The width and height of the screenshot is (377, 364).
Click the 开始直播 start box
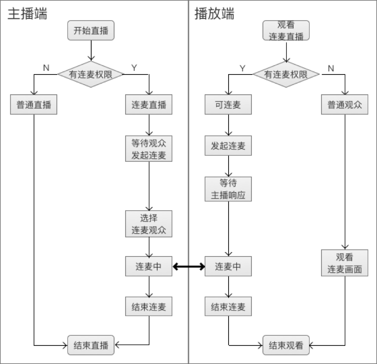tap(91, 31)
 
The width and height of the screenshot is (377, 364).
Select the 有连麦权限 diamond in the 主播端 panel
tap(91, 74)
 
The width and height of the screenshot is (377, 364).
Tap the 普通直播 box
tap(34, 105)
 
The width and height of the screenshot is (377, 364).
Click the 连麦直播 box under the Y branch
tap(149, 105)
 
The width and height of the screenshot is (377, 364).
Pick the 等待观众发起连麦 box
tap(149, 149)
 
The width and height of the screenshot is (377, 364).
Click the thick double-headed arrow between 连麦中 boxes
tap(189, 267)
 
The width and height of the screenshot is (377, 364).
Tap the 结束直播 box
tap(91, 345)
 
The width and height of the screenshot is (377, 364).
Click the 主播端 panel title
tap(27, 14)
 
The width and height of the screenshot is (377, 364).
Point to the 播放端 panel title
tap(214, 14)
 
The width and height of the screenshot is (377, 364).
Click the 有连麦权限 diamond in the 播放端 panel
tap(286, 74)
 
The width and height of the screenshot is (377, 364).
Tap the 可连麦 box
tap(228, 105)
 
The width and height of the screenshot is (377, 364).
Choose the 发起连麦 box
tap(228, 146)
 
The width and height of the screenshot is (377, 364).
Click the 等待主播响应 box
tap(228, 189)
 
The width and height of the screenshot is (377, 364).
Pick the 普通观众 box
tap(344, 105)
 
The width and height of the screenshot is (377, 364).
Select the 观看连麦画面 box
tap(344, 263)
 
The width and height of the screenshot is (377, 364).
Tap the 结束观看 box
tap(286, 345)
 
